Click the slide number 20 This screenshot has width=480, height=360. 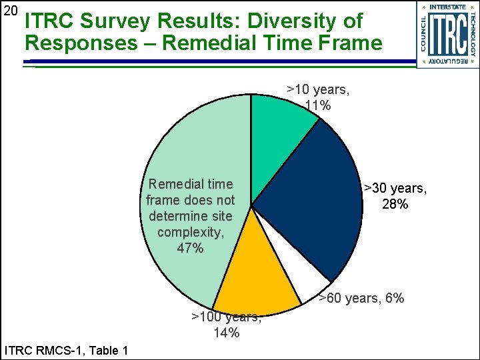tap(11, 12)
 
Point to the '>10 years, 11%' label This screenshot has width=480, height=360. tap(317, 97)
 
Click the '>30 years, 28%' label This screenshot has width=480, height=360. tap(395, 197)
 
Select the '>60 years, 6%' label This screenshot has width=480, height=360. tap(361, 298)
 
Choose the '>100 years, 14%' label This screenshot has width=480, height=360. tap(227, 325)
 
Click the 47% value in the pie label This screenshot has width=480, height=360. tap(191, 248)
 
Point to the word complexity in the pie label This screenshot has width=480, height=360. tap(191, 232)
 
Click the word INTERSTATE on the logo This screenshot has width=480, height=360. tap(447, 7)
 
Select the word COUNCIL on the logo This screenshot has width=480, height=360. tap(424, 34)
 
